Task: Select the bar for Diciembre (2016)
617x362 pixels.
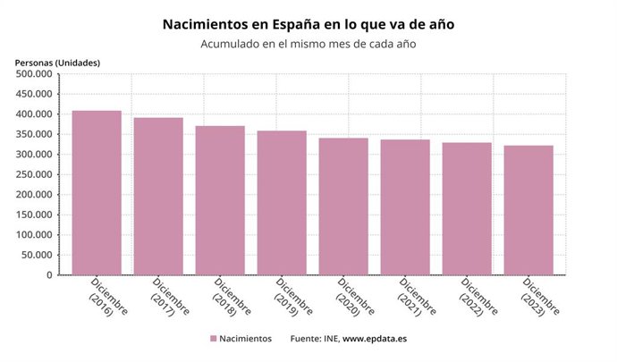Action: (97, 192)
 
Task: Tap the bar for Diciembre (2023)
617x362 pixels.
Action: (528, 210)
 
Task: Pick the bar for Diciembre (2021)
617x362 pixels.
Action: (405, 207)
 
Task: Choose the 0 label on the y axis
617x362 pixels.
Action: (52, 275)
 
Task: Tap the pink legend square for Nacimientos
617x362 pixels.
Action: (213, 340)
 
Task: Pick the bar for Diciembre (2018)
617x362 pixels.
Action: (220, 200)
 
